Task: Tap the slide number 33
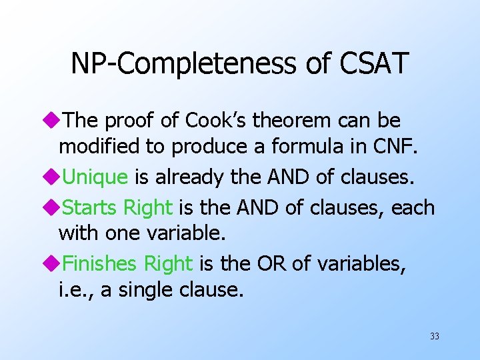pyautogui.click(x=435, y=337)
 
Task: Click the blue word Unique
pyautogui.click(x=95, y=177)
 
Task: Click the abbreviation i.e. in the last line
pyautogui.click(x=74, y=291)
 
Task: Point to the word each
pyautogui.click(x=413, y=208)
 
